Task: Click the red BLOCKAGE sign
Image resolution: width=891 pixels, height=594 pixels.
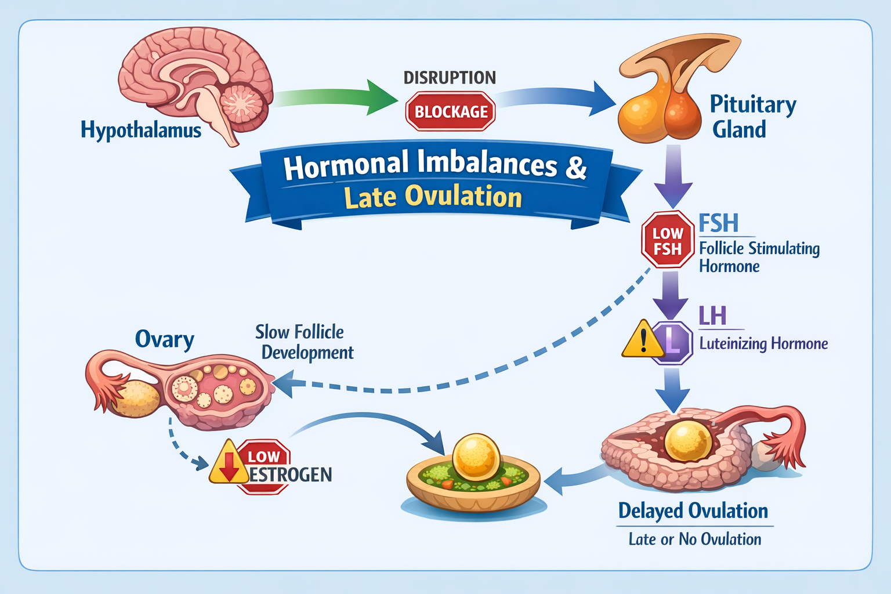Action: pos(450,111)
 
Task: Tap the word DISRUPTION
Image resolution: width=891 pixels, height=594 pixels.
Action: pos(450,78)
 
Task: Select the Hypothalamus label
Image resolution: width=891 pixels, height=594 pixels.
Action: pos(141,130)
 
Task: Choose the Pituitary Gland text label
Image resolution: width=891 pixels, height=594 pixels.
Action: pos(752,117)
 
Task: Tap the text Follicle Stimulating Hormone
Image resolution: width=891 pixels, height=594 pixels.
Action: pos(759,257)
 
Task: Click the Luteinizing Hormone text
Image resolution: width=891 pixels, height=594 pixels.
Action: pos(763,343)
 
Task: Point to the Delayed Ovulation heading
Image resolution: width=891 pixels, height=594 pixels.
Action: pos(693,511)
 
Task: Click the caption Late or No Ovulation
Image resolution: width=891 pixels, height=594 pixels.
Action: pos(695,539)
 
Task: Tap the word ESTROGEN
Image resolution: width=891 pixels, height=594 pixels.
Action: pos(290,475)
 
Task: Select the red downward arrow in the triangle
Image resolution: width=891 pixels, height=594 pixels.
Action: pos(229,465)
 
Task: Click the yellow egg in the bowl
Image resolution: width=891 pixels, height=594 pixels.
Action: pos(476,457)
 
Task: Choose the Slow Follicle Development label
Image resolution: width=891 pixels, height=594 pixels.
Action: pos(303,342)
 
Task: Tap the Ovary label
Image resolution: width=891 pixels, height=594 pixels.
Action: pos(164,339)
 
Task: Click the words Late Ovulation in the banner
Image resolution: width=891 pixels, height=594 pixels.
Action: pos(433,197)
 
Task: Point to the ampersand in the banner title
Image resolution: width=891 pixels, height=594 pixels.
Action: pos(575,167)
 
